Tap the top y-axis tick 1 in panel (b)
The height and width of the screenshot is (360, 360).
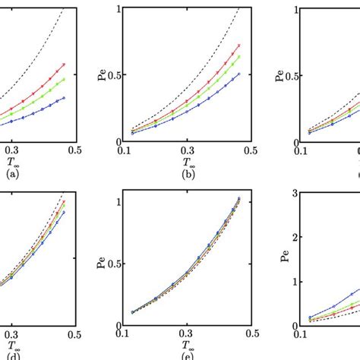click(118, 9)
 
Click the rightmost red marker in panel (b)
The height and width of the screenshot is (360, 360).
click(239, 45)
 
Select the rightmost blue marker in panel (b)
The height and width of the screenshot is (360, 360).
click(239, 74)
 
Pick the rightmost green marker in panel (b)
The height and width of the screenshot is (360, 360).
click(239, 56)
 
